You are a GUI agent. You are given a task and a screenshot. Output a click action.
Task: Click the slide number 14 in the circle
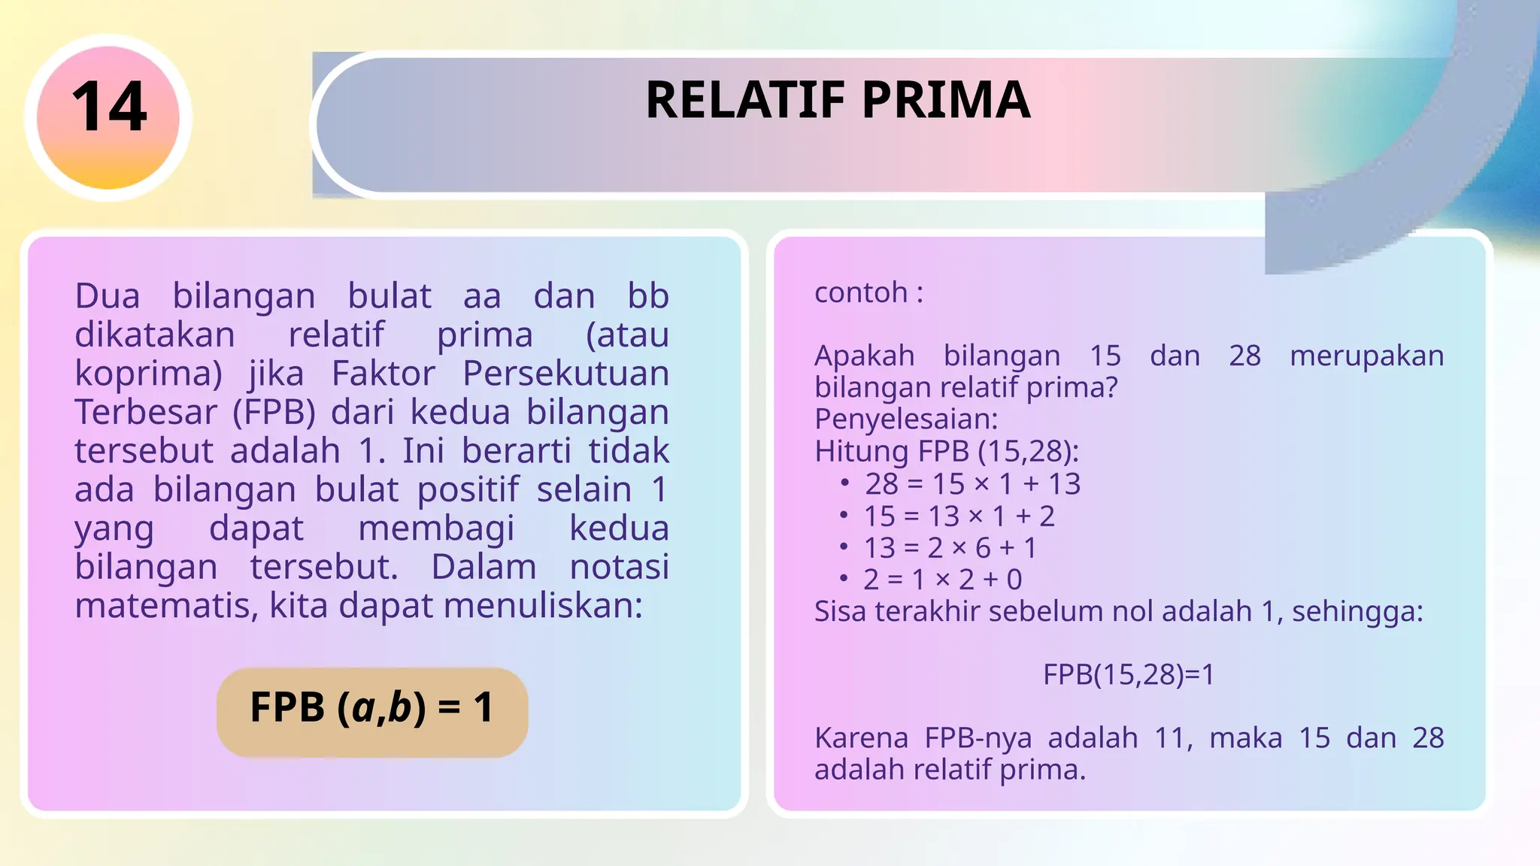[109, 107]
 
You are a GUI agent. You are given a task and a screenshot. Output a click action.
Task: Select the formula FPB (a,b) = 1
[371, 708]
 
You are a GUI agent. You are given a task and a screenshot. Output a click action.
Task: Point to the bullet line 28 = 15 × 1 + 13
[972, 484]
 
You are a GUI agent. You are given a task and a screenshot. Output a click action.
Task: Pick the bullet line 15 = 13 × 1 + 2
[959, 516]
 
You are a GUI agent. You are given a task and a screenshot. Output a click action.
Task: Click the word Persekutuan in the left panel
[565, 374]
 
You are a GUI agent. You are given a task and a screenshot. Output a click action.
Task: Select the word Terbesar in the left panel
[145, 412]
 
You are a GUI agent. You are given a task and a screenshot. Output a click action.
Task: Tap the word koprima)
[148, 374]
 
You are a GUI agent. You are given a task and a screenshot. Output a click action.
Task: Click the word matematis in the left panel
[165, 606]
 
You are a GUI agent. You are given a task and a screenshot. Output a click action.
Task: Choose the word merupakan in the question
[1366, 356]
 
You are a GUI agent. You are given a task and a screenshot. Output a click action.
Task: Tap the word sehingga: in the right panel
[1357, 612]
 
